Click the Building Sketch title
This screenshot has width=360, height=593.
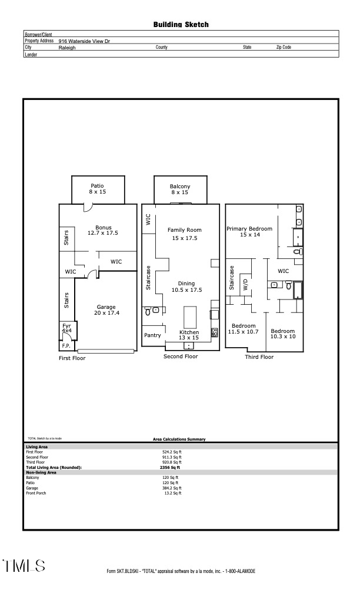pos(181,25)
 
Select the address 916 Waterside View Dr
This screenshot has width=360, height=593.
pos(84,41)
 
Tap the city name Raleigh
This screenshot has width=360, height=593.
pos(67,48)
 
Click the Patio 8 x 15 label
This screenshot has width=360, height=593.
pos(97,189)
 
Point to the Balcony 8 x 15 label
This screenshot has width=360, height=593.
pos(180,189)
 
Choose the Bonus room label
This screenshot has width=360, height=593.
pos(104,229)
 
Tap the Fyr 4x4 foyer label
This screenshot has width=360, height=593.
pos(66,328)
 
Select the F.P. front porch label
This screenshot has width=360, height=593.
pos(66,346)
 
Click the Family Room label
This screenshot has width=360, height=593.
pos(184,234)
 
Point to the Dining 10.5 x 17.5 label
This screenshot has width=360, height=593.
pos(186,287)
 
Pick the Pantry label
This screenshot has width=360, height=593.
pos(152,335)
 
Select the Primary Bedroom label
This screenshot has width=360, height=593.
pos(249,231)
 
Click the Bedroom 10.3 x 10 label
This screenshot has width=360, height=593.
pos(282,334)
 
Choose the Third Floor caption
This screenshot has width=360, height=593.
pos(259,357)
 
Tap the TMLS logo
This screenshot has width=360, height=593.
pos(24,566)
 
